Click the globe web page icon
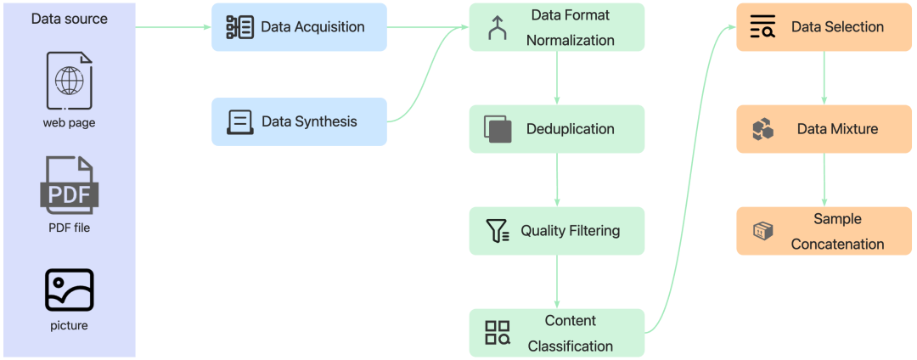click(x=70, y=81)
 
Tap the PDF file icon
click(x=70, y=187)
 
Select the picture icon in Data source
click(x=70, y=290)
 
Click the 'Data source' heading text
click(x=70, y=19)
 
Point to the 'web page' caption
click(x=69, y=123)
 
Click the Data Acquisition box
click(x=299, y=27)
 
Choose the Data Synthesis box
click(x=299, y=121)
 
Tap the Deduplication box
click(x=557, y=129)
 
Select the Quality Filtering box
click(x=557, y=231)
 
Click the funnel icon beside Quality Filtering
click(x=498, y=231)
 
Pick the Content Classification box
click(x=557, y=333)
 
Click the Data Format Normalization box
click(x=557, y=27)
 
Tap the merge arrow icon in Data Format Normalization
click(x=498, y=27)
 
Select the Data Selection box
click(x=824, y=27)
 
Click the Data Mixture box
click(x=824, y=129)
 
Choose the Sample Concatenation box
click(x=824, y=231)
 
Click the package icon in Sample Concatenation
click(x=763, y=232)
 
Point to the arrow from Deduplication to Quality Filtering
click(x=557, y=180)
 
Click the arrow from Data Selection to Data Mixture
click(x=824, y=78)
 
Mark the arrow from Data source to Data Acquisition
click(x=174, y=27)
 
